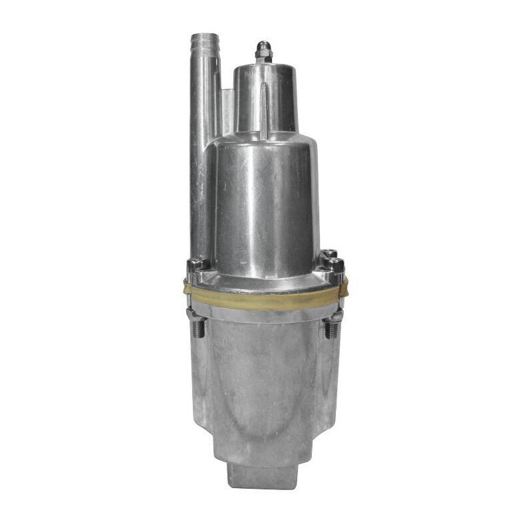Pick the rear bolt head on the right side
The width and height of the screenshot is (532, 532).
(331, 254)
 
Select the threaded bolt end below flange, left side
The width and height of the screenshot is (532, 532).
(199, 328)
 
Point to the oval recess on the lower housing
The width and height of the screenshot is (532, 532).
(266, 392)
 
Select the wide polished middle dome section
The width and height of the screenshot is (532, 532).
(266, 199)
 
